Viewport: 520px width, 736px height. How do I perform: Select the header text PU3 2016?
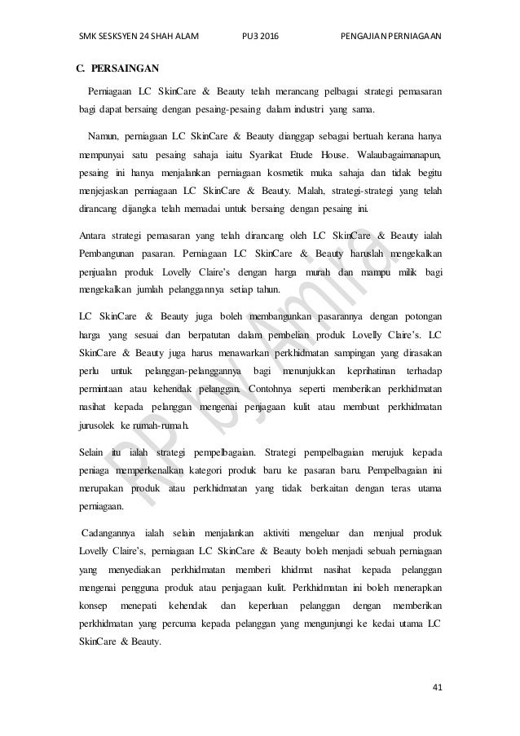259,35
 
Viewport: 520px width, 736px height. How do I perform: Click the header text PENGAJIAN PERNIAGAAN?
389,35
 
